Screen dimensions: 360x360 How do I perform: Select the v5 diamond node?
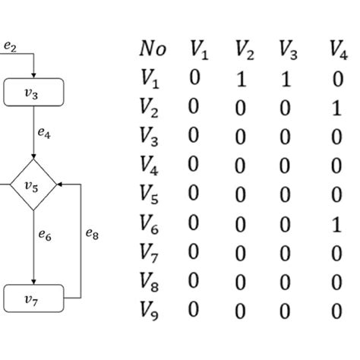pos(33,185)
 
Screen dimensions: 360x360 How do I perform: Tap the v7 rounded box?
pos(33,299)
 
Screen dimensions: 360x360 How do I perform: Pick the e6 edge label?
pos(45,236)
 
